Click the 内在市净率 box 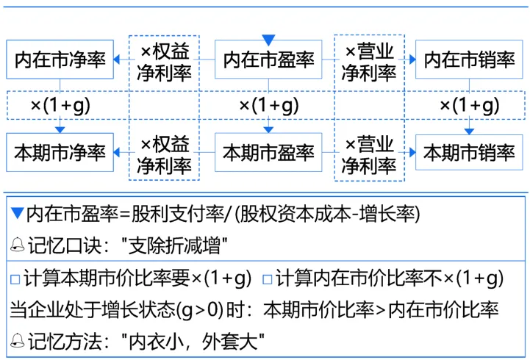coord(60,60)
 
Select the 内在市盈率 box coord(268,60)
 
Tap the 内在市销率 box coord(470,60)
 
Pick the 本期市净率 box coord(60,153)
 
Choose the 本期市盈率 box coord(268,153)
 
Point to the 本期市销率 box coord(470,153)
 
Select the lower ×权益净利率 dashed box coord(165,154)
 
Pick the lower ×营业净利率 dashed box coord(370,154)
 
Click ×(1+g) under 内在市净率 coord(60,105)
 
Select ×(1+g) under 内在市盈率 coord(268,105)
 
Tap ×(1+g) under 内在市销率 coord(470,105)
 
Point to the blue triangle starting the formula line coord(18,215)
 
